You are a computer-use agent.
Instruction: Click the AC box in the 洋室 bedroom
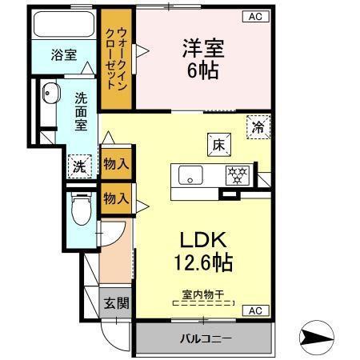coord(253,16)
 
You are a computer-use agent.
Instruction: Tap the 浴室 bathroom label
coord(64,54)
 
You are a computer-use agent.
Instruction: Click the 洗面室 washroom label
coord(82,113)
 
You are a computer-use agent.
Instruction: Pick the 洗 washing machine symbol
coord(79,166)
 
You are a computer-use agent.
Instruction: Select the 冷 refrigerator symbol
coord(258,126)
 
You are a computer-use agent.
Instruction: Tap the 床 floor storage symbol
coord(218,145)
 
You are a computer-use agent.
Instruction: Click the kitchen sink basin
coord(190,174)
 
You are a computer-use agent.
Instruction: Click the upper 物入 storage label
coord(117,164)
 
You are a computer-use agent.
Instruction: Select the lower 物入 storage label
coord(117,197)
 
